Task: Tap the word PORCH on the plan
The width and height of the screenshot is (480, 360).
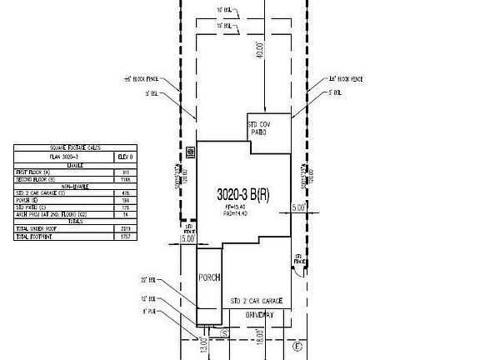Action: pos(207,278)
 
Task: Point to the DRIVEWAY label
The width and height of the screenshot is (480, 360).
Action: pos(259,315)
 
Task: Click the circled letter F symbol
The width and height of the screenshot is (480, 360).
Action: pos(297,345)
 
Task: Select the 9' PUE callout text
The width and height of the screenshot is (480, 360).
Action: pos(150,311)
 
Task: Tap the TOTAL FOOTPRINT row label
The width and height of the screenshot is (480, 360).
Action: pos(35,237)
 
